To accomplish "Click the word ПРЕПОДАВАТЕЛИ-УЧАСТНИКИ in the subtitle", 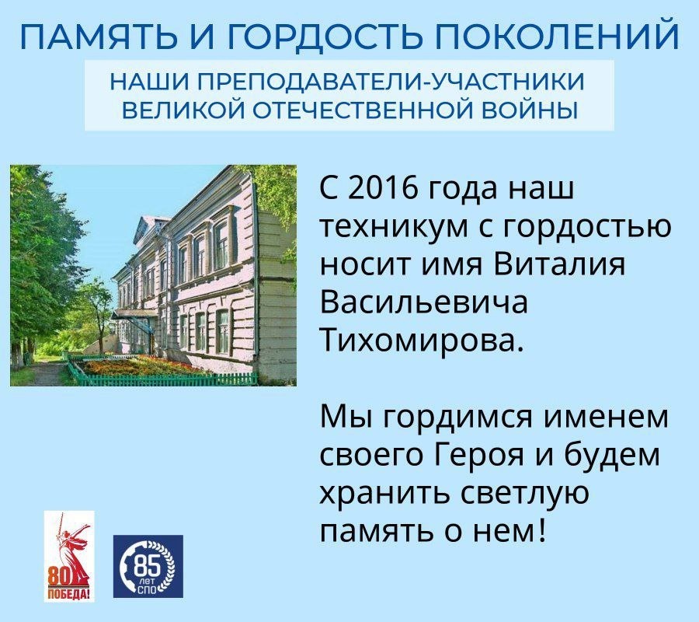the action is [390, 82].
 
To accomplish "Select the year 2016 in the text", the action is [383, 189].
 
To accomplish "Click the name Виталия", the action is [559, 265].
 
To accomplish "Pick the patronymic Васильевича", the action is [424, 303].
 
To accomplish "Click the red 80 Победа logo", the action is [69, 557].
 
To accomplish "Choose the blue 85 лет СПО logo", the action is [148, 566].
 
